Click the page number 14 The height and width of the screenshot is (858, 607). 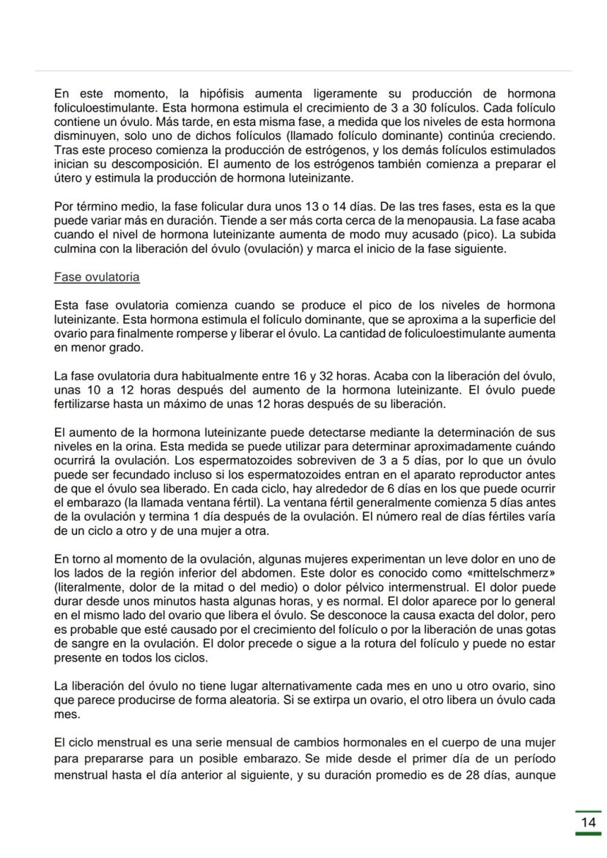tap(588, 822)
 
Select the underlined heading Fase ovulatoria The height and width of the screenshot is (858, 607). tap(97, 278)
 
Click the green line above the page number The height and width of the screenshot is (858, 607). tap(588, 811)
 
